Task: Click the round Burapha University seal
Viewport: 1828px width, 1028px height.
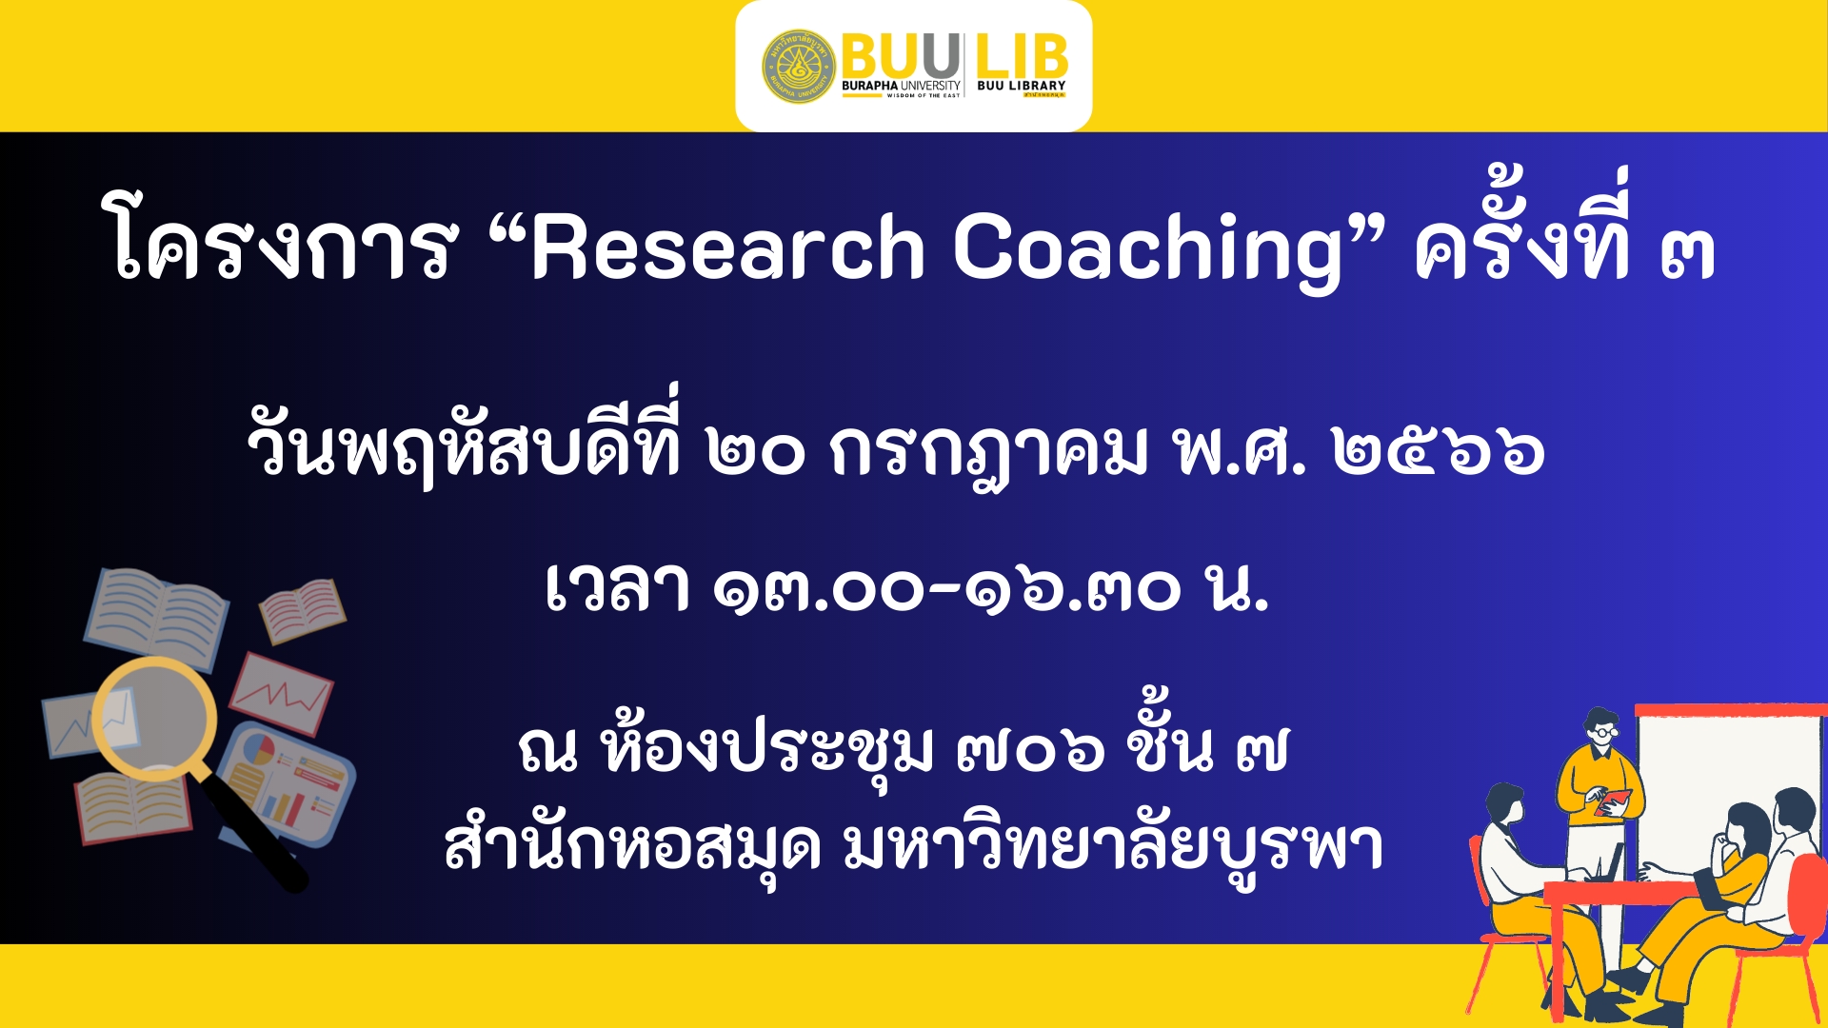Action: click(x=799, y=66)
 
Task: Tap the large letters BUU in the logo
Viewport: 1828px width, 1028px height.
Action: click(x=901, y=56)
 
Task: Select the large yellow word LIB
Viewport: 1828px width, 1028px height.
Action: click(x=1022, y=56)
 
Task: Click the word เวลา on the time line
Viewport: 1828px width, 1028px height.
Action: click(x=618, y=586)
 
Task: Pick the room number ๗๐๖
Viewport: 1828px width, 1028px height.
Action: click(x=1031, y=750)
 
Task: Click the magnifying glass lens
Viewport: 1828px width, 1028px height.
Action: click(x=154, y=717)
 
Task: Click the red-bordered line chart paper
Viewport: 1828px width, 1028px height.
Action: click(x=282, y=693)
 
